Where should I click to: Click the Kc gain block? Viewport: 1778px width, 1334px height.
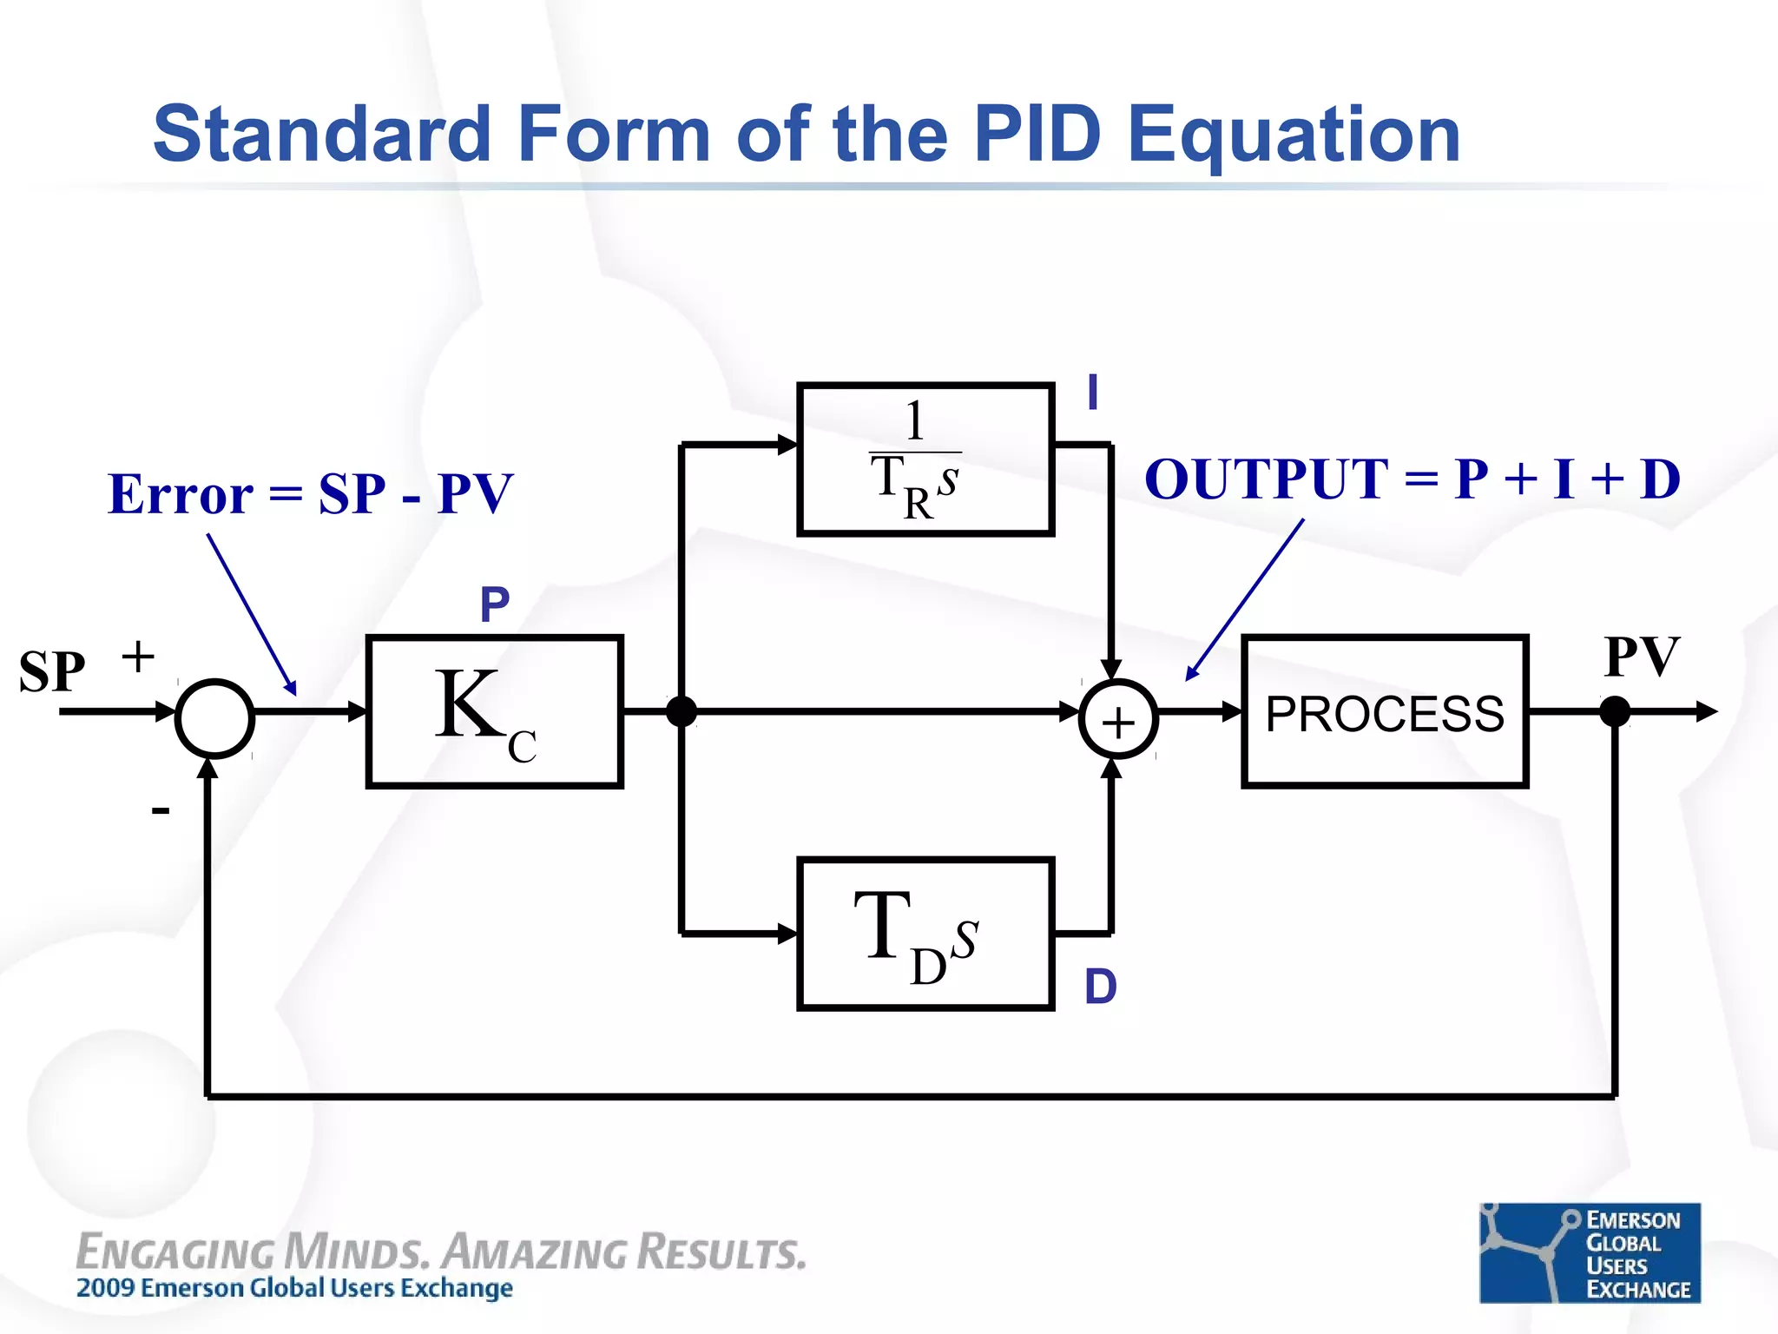pyautogui.click(x=494, y=711)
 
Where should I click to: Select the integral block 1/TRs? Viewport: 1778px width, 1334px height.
pyautogui.click(x=925, y=459)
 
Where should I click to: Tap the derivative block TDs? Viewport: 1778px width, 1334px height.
pyautogui.click(x=925, y=934)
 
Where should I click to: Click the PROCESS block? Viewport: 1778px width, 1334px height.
pyautogui.click(x=1385, y=711)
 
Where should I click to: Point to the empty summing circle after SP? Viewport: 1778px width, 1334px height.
pyautogui.click(x=214, y=718)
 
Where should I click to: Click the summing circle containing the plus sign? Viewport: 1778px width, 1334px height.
pyautogui.click(x=1118, y=719)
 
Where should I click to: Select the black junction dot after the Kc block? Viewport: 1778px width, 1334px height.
pyautogui.click(x=682, y=711)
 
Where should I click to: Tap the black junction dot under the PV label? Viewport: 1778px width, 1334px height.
pyautogui.click(x=1615, y=711)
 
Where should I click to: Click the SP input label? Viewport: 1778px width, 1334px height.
pyautogui.click(x=52, y=671)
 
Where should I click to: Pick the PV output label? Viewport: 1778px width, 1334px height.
pyautogui.click(x=1642, y=657)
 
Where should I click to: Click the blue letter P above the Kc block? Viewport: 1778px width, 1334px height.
pyautogui.click(x=495, y=604)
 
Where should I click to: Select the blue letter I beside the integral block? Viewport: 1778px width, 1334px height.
pyautogui.click(x=1093, y=393)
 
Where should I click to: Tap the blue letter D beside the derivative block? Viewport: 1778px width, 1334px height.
pyautogui.click(x=1101, y=987)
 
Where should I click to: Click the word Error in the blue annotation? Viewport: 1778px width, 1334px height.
pyautogui.click(x=181, y=494)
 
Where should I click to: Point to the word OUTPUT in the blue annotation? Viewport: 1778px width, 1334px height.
pyautogui.click(x=1266, y=479)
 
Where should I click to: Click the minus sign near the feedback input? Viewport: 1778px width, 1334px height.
pyautogui.click(x=161, y=811)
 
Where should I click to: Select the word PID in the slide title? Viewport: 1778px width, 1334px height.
pyautogui.click(x=1037, y=134)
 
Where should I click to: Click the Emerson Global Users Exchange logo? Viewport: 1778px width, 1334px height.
pyautogui.click(x=1590, y=1252)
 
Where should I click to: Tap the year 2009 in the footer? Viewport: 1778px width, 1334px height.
pyautogui.click(x=105, y=1287)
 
